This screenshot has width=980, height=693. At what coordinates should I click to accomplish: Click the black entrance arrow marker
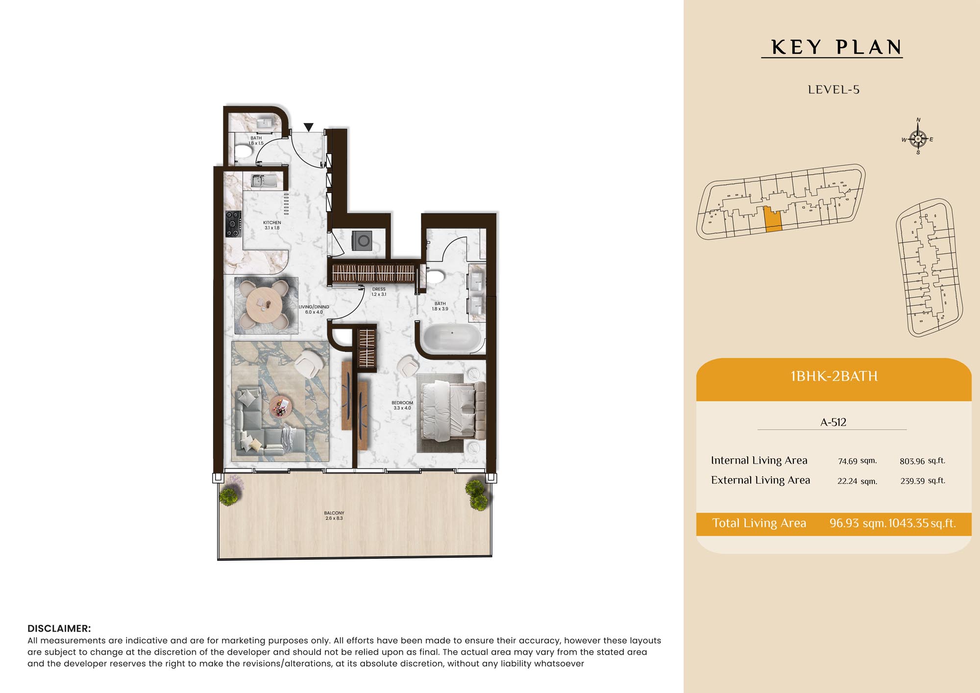(x=308, y=127)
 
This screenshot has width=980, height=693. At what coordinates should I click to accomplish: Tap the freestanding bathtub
(x=452, y=338)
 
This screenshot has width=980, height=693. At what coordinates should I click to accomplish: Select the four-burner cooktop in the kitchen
(x=234, y=224)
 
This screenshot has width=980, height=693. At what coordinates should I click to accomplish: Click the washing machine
(x=362, y=241)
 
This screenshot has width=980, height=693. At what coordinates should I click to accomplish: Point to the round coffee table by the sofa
(x=280, y=406)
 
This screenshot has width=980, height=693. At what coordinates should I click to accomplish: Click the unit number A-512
(x=833, y=422)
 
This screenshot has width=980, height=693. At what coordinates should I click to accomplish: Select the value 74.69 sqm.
(x=857, y=461)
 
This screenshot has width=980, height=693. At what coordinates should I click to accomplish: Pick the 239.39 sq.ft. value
(x=923, y=481)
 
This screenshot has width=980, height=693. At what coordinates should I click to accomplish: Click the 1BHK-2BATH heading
(x=834, y=376)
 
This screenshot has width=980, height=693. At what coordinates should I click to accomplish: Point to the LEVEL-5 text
(x=833, y=90)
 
